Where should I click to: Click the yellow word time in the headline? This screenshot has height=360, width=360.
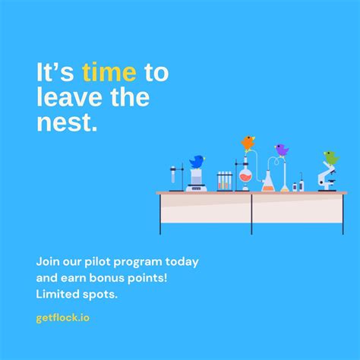109,73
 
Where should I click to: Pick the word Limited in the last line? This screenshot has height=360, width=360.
59,293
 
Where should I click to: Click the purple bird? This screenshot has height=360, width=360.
282,150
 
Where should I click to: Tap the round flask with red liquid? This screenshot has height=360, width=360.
245,178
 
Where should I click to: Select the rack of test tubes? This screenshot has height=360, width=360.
224,181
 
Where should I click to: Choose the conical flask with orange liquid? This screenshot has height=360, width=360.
268,182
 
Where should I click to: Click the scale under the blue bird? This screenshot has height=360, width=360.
196,180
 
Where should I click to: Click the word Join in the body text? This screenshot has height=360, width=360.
48,262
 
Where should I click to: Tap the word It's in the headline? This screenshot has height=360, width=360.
55,73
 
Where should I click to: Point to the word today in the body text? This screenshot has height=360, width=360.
183,262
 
